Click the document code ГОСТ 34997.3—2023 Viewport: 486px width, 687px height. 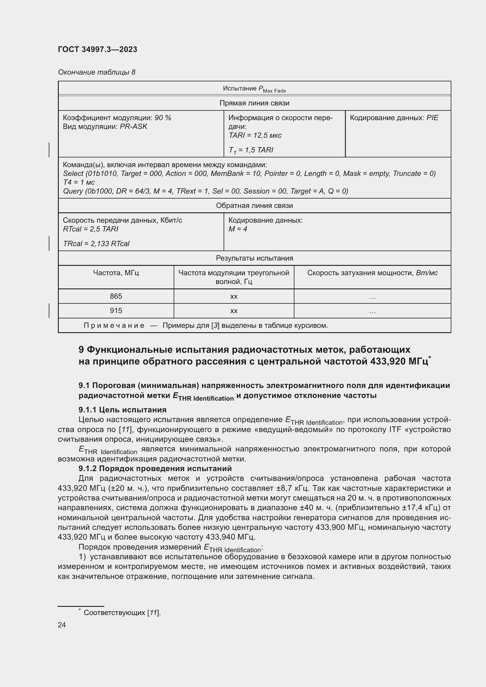97,49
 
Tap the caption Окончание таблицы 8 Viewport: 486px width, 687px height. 96,72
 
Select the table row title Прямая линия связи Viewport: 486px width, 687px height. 254,103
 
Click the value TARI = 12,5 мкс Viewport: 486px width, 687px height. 255,135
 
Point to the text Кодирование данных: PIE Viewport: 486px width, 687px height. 394,117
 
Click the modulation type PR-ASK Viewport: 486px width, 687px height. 133,127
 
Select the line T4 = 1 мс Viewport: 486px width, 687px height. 79,182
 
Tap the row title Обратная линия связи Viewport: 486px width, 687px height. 254,206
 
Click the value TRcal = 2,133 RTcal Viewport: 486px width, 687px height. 96,243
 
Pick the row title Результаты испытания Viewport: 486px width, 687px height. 254,258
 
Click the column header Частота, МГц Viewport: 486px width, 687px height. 116,273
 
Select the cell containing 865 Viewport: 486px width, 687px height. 116,296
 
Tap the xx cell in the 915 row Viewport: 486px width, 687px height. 234,311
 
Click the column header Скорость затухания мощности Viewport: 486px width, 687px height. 372,273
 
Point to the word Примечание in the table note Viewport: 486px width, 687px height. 114,325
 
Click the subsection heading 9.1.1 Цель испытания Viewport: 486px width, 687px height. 123,410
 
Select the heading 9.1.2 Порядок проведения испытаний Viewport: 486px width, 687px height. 155,468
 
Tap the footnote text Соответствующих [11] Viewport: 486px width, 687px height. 122,612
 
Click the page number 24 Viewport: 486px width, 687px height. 62,625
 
